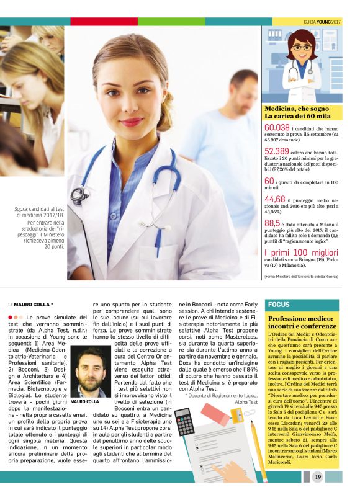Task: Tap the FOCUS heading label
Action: click(277, 305)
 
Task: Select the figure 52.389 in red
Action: click(277, 151)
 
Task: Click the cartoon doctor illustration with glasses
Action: click(302, 61)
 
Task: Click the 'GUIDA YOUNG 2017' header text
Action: click(323, 21)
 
